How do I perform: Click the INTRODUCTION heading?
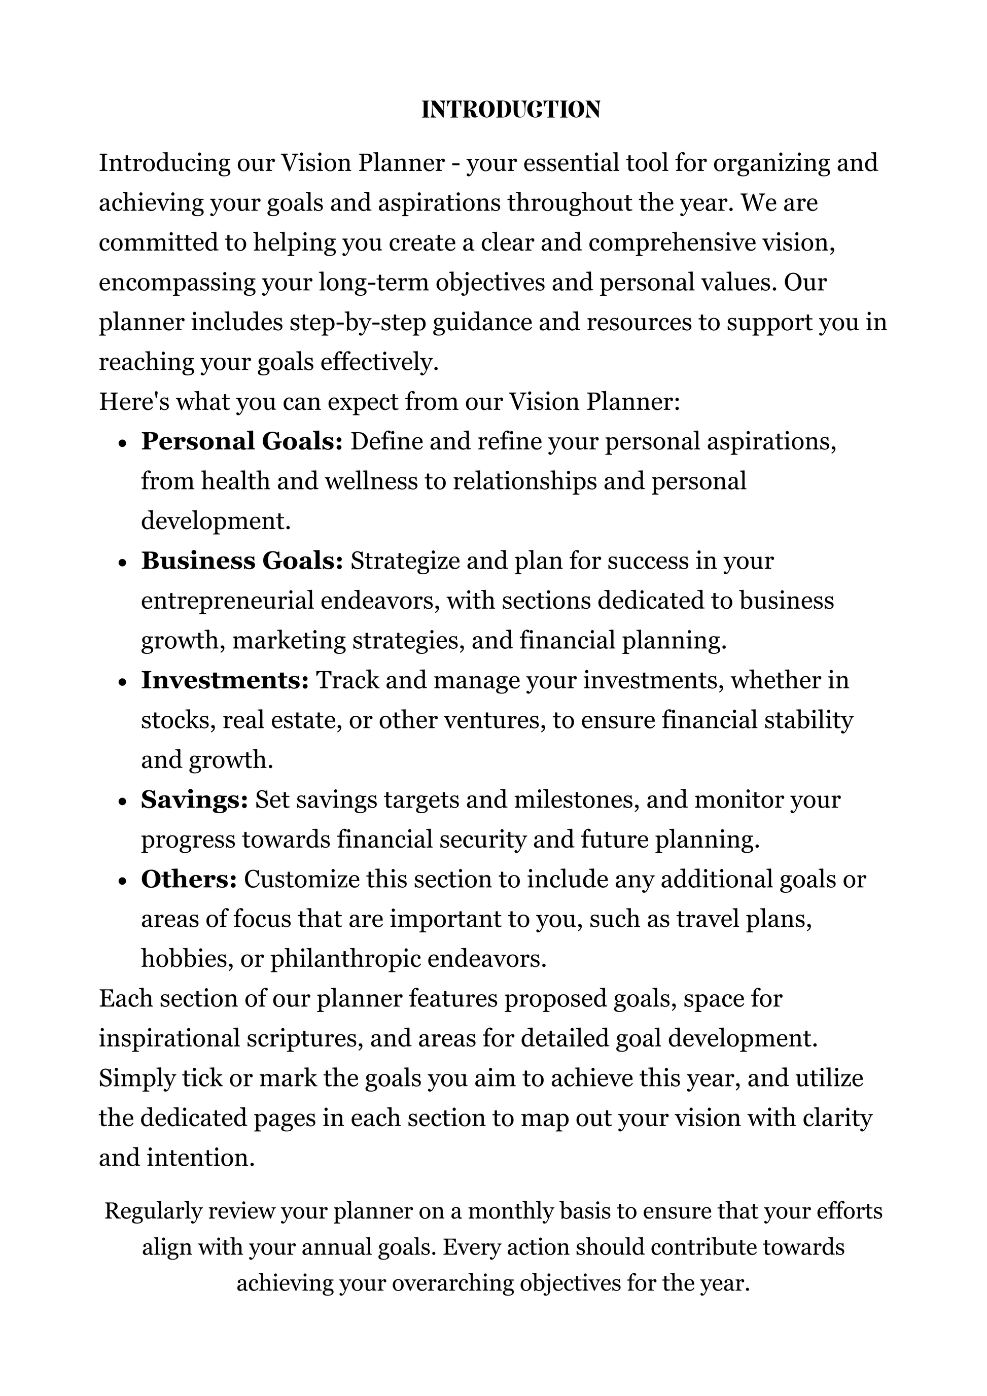(511, 110)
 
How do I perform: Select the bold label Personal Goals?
(242, 442)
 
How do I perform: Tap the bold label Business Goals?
(242, 561)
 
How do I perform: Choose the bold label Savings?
(194, 800)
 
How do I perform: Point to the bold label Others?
(188, 880)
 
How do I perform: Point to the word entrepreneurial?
(227, 601)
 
